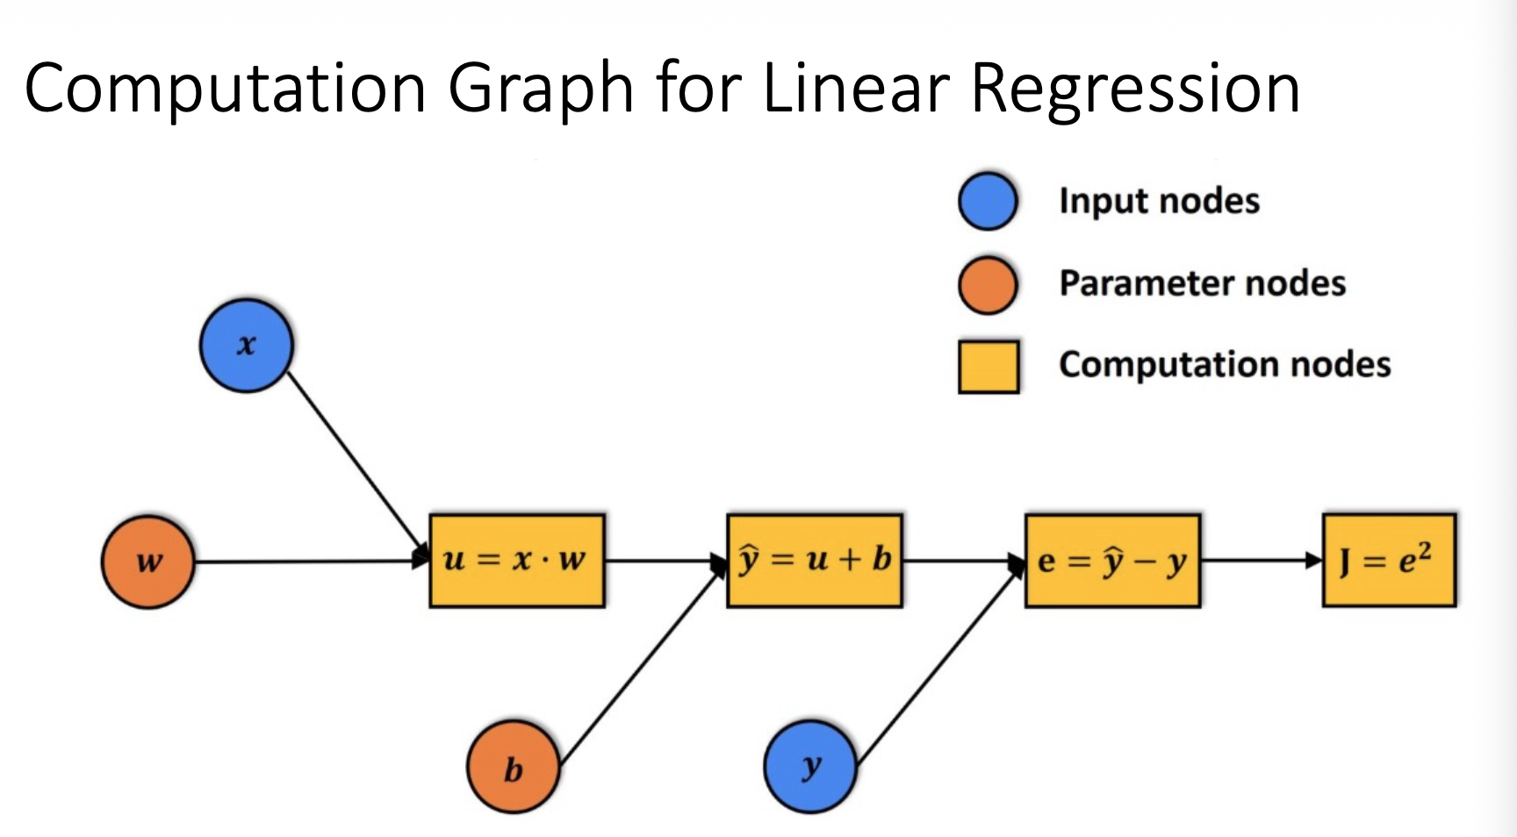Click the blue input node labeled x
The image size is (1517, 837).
coord(246,345)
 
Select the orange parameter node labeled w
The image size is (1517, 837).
coord(147,562)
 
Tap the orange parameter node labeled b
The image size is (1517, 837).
coord(513,768)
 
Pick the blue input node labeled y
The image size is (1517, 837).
coord(809,766)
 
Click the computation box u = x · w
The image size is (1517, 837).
coord(517,561)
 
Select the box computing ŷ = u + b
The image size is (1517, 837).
coord(815,561)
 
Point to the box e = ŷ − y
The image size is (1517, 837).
coord(1112,561)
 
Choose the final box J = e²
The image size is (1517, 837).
coord(1389,561)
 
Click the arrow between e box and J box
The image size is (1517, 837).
coord(1261,561)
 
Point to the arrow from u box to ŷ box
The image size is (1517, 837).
coord(665,561)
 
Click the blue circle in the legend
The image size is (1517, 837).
coord(988,201)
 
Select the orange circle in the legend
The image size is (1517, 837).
coord(988,284)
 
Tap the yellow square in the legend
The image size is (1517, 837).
coord(989,366)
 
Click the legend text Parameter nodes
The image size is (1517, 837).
coord(1202,283)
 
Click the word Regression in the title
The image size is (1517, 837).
coord(1135,89)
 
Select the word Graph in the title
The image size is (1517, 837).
coord(541,89)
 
